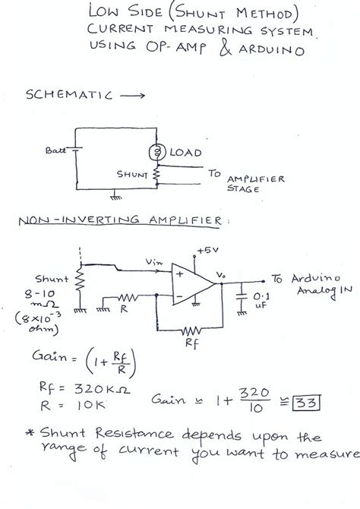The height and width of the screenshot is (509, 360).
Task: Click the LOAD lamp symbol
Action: pyautogui.click(x=158, y=153)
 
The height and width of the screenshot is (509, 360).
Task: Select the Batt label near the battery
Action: pyautogui.click(x=55, y=150)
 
